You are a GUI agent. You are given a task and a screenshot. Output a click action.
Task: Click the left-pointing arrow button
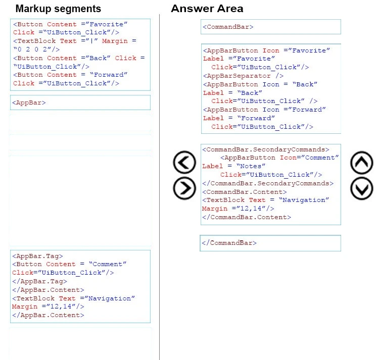(184, 162)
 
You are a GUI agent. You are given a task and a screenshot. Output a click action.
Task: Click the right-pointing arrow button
(184, 188)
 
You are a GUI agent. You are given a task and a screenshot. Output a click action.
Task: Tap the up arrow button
(362, 163)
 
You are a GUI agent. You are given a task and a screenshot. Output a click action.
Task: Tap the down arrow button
(362, 188)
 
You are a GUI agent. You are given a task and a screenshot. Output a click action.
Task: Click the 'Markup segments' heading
(58, 9)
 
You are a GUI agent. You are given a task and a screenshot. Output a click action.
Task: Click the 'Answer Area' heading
(207, 9)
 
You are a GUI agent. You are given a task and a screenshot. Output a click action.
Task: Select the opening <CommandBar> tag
(228, 27)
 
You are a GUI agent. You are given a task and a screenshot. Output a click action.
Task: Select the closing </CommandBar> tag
(229, 243)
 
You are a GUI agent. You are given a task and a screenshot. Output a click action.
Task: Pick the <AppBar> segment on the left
(29, 102)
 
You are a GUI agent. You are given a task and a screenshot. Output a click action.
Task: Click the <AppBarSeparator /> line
(243, 76)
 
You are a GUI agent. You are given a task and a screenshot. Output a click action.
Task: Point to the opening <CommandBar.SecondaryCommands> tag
(266, 149)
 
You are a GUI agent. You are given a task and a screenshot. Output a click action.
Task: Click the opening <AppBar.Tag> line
(37, 256)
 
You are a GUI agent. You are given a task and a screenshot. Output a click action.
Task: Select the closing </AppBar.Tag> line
(39, 281)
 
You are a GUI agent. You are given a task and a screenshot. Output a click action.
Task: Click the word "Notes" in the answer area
(251, 166)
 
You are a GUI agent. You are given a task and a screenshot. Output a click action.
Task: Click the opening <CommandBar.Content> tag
(245, 192)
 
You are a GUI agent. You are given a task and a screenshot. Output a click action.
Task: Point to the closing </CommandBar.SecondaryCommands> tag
(268, 183)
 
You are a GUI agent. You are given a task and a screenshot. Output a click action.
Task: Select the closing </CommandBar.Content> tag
(247, 217)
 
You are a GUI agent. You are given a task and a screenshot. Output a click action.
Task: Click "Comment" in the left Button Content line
(107, 264)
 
